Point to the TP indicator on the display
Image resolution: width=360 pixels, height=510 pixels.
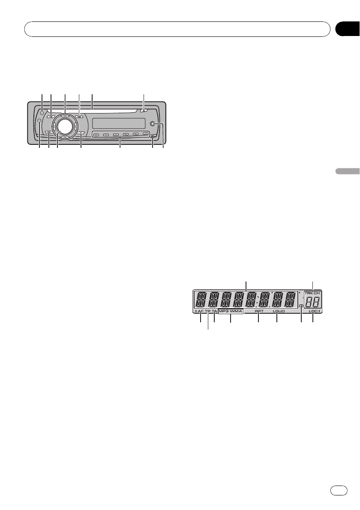207,311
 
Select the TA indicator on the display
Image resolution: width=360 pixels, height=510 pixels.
214,311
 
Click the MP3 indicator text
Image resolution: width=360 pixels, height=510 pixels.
224,311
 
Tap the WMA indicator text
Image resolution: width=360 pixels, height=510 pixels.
236,311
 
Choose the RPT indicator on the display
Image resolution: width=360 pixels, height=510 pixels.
259,311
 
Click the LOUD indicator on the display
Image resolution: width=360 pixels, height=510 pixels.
279,311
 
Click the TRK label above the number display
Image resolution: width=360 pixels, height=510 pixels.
309,293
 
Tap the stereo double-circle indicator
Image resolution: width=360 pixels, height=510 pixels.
301,306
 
